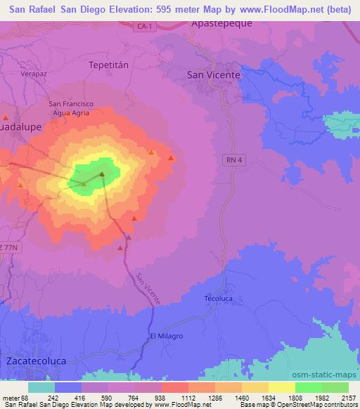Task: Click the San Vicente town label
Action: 214,74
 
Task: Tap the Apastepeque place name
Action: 222,22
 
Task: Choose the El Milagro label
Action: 167,336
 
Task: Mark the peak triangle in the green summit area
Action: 101,174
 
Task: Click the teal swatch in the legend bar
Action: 41,387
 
